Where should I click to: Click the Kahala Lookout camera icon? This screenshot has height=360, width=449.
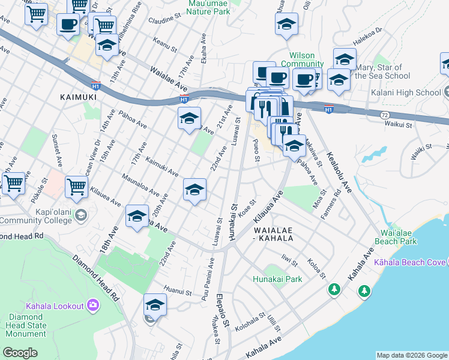[x=92, y=305]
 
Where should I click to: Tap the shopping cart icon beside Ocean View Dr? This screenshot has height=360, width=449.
[x=77, y=187]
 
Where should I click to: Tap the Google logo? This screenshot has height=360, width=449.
[x=20, y=353]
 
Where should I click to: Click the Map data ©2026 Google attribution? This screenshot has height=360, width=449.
[x=412, y=355]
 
